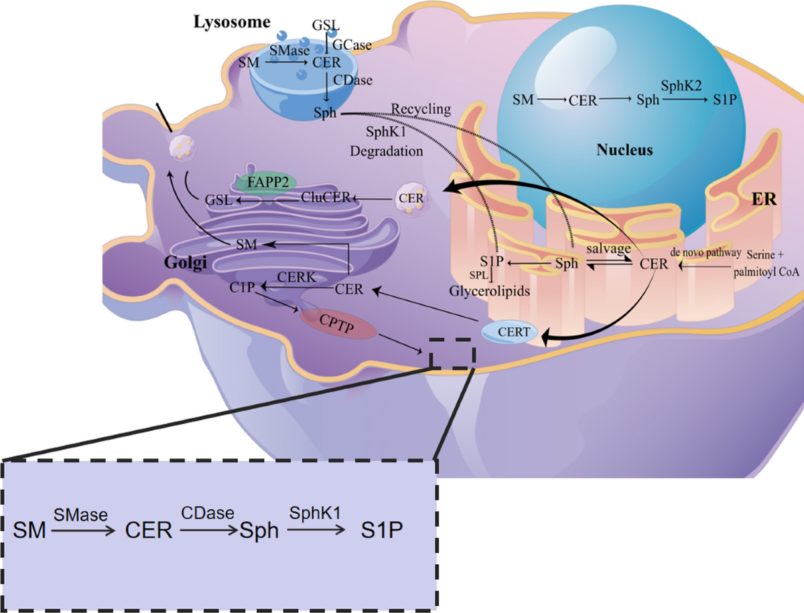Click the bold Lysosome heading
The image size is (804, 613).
point(232,23)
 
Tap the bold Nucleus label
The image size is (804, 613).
point(624,150)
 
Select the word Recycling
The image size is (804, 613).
point(422,108)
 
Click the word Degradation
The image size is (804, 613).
point(387,151)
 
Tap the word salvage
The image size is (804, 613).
point(608,248)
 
